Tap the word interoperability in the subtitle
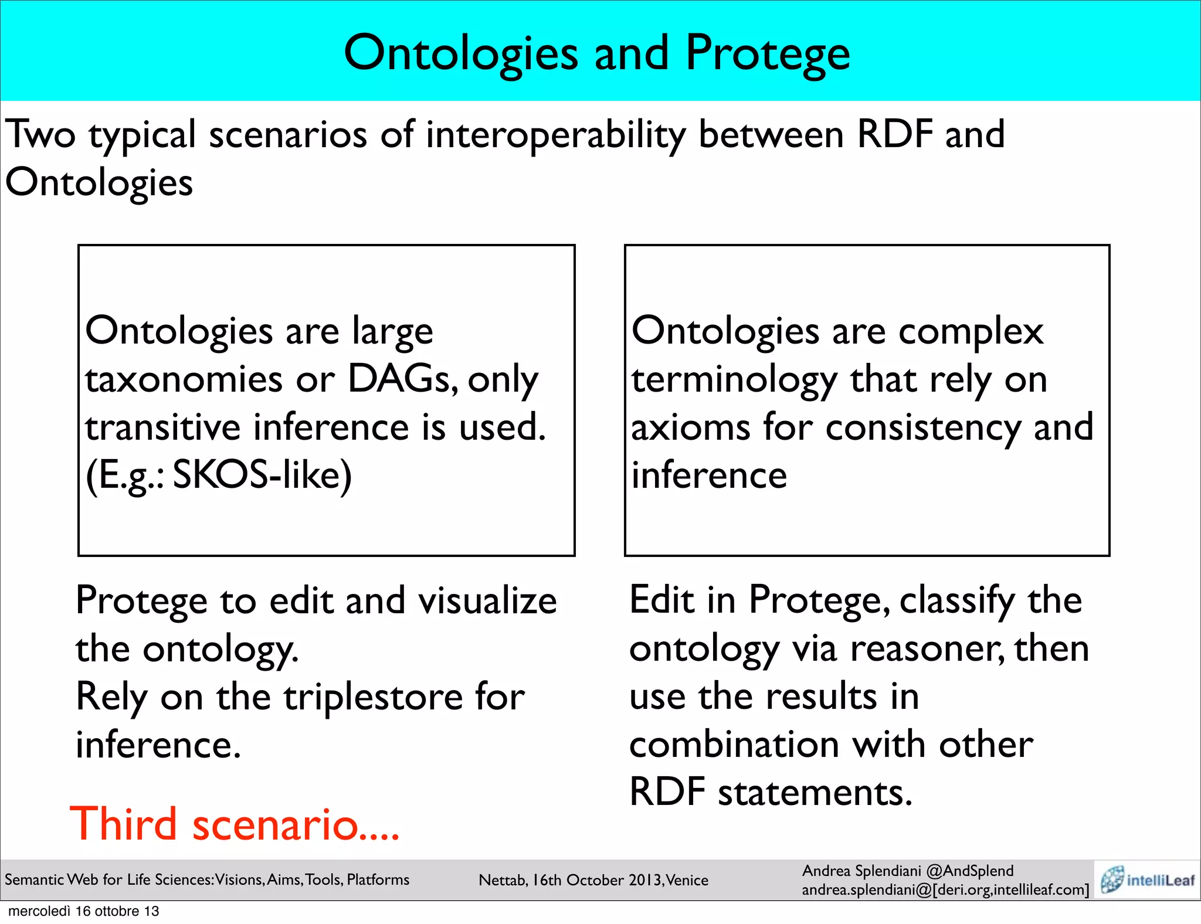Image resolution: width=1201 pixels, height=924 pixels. click(x=555, y=135)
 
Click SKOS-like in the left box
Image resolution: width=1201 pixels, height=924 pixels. click(x=262, y=475)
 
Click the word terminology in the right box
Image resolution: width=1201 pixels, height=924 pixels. click(x=734, y=380)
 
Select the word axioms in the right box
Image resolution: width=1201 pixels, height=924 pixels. click(x=690, y=427)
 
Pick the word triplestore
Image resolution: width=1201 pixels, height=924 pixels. click(x=373, y=697)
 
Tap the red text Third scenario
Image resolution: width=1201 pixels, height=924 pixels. click(x=235, y=824)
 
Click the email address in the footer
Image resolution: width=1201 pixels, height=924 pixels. click(x=945, y=890)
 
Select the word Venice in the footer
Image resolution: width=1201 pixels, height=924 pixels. click(x=687, y=880)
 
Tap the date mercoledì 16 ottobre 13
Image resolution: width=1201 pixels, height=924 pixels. click(x=84, y=911)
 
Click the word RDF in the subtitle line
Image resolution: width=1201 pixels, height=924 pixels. click(x=894, y=134)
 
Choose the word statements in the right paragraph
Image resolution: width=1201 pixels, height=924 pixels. click(x=815, y=793)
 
